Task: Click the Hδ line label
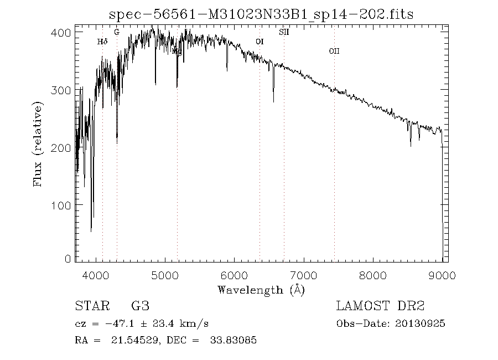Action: (x=102, y=42)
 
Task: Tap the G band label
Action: (x=116, y=32)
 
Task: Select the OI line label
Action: (x=259, y=42)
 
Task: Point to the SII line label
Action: (x=284, y=32)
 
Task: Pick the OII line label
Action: (x=334, y=51)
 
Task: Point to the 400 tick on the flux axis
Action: (x=64, y=33)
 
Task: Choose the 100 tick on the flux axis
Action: (x=64, y=205)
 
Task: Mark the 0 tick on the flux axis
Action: (x=68, y=259)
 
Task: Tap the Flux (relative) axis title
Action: (x=38, y=144)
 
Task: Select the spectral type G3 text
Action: (x=140, y=306)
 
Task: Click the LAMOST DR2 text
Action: (x=380, y=306)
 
